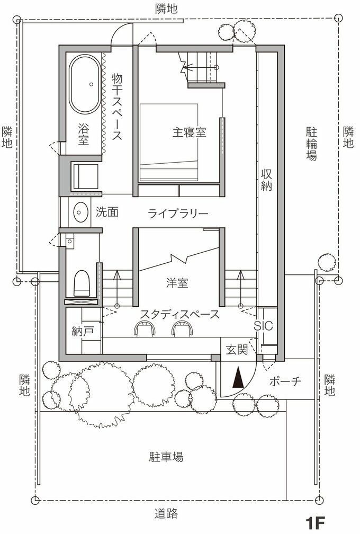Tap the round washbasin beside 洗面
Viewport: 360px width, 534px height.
tap(80, 212)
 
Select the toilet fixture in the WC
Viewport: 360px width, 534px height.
tap(81, 283)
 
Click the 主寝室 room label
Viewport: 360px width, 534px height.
tap(189, 132)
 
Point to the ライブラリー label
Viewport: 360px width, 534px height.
tap(178, 213)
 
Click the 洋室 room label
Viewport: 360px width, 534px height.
tap(177, 283)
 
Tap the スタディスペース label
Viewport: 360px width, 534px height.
tap(179, 314)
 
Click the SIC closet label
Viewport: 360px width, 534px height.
tap(263, 326)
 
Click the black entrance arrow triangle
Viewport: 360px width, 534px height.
tap(238, 378)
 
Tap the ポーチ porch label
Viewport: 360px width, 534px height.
tap(285, 381)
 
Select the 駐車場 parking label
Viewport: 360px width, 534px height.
tap(166, 457)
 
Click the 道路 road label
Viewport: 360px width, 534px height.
tap(166, 513)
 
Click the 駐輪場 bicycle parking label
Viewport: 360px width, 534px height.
tap(311, 144)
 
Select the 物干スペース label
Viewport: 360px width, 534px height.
tap(117, 106)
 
